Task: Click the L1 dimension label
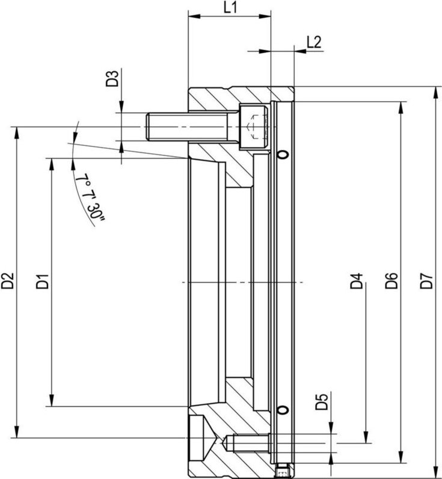pyautogui.click(x=231, y=8)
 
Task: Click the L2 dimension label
pyautogui.click(x=313, y=42)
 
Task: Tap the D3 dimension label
pyautogui.click(x=112, y=79)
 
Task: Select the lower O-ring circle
pyautogui.click(x=283, y=410)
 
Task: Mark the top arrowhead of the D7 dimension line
pyautogui.click(x=434, y=92)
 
